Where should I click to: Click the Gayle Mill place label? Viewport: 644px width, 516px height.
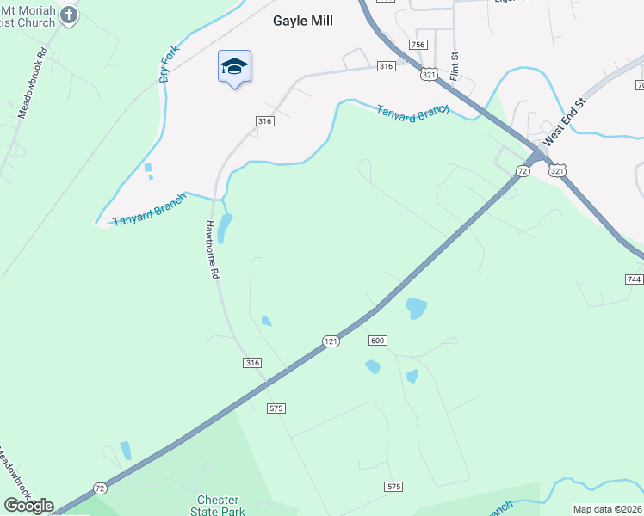click(x=303, y=21)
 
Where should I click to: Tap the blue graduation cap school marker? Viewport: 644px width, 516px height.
click(x=234, y=67)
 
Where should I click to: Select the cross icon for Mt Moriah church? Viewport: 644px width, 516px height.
click(x=71, y=15)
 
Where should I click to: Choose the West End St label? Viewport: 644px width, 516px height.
click(x=564, y=118)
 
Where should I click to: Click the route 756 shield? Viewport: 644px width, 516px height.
click(x=418, y=45)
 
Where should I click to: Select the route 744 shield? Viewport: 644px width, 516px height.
click(x=635, y=279)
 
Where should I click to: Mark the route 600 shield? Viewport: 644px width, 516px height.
click(x=377, y=341)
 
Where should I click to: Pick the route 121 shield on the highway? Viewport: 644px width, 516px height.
click(x=331, y=341)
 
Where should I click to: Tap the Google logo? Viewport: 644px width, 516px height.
click(x=28, y=506)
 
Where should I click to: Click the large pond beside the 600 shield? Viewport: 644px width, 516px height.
click(x=416, y=308)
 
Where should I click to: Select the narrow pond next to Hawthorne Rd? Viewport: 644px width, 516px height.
click(x=225, y=227)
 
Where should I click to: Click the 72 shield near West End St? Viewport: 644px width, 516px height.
click(x=523, y=172)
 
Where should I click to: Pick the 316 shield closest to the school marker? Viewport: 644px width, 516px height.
click(x=264, y=122)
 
